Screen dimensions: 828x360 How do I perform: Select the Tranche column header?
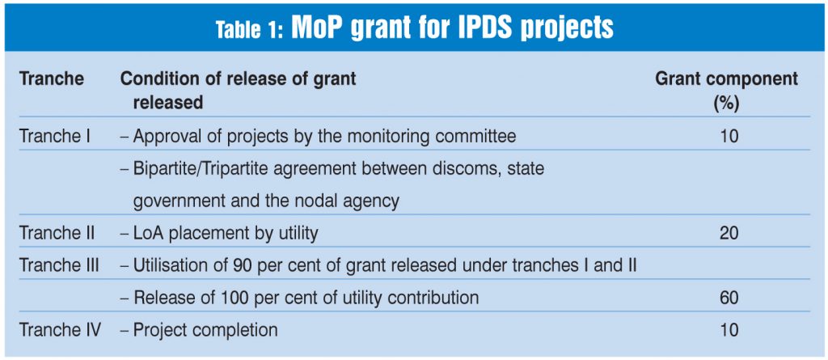(52, 79)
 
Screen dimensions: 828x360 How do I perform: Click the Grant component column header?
(726, 79)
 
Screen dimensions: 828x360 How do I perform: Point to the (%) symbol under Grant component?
(726, 103)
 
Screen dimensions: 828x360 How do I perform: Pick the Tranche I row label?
(55, 137)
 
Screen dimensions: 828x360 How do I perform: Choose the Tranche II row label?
(57, 233)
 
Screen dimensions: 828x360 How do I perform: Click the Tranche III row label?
(59, 265)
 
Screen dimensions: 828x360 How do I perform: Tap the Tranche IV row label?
(60, 330)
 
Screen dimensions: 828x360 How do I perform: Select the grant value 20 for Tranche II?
(729, 233)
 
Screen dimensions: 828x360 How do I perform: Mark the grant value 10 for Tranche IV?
(729, 330)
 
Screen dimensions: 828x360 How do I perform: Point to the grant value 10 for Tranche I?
(729, 137)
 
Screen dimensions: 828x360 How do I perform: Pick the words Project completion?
(205, 331)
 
